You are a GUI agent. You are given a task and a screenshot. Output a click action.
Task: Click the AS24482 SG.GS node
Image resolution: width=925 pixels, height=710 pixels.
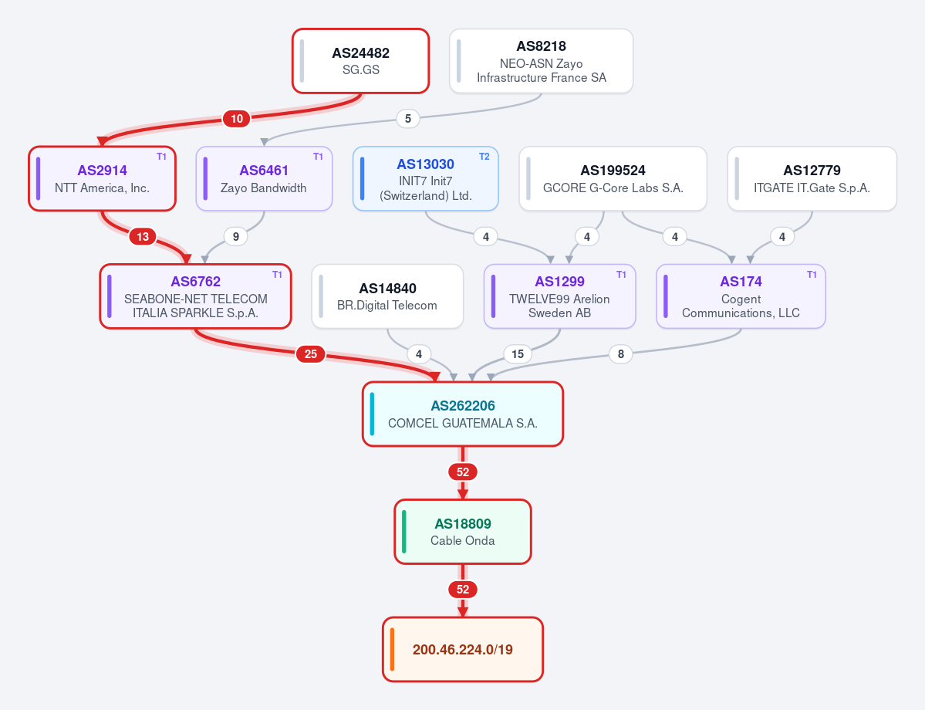pos(360,61)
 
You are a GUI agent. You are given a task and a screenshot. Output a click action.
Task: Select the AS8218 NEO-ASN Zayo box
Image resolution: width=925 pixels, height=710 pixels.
pos(541,61)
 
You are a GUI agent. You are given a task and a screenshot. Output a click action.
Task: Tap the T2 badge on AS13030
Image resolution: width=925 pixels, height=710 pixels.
pos(484,157)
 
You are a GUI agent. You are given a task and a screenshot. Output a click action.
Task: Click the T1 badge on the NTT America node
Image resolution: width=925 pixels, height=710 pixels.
pos(162,157)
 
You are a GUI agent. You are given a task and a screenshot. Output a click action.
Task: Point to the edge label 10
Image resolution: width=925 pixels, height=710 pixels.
pos(237,119)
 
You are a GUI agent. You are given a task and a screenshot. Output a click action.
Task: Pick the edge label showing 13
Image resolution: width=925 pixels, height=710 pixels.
pos(143,237)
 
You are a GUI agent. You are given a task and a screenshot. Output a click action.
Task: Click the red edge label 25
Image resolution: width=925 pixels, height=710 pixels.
pos(311,354)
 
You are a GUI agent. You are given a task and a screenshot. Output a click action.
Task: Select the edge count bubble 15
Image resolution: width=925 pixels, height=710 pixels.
pos(518,354)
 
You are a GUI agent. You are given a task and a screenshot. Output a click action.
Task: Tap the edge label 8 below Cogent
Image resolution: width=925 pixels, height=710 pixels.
pos(620,354)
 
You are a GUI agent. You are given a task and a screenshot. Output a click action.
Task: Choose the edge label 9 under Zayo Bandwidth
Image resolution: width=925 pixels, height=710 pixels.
pos(236,237)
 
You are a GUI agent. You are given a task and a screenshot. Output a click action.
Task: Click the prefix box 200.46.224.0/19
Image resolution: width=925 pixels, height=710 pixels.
pos(463,649)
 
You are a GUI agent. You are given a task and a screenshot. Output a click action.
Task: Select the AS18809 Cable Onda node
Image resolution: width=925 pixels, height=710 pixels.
pos(463,532)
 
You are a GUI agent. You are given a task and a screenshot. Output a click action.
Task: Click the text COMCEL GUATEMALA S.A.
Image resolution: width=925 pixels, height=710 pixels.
pos(463,423)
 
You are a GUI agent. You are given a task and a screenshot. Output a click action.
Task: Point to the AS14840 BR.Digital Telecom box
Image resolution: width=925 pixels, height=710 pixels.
pos(387,296)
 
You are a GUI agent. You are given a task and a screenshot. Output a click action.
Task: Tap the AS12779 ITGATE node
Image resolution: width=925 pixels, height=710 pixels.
pos(812,178)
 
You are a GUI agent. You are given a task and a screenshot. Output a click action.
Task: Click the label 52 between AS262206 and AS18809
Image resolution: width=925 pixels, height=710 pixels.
pos(463,472)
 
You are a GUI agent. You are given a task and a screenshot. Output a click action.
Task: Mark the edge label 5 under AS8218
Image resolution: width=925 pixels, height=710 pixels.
pos(407,119)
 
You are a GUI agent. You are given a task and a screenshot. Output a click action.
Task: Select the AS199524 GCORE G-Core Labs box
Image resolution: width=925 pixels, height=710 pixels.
pos(613,178)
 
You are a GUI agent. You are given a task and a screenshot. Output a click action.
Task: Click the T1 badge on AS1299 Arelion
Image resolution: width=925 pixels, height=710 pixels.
pos(621,275)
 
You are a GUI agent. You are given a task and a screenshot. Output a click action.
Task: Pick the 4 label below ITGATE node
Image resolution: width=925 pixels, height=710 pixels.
pos(782,237)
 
